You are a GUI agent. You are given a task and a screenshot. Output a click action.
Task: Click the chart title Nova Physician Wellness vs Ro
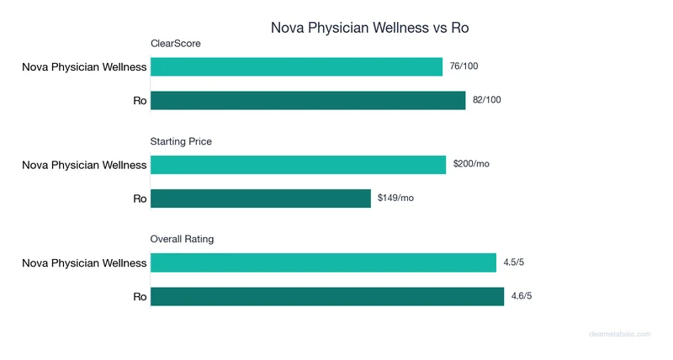click(369, 27)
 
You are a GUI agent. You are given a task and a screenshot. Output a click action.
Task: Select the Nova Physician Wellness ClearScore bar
click(296, 67)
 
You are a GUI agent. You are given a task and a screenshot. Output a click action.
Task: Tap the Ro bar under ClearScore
click(308, 101)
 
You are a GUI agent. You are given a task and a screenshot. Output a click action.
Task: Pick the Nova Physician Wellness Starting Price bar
click(298, 165)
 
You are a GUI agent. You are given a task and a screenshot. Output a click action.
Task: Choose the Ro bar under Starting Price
click(261, 199)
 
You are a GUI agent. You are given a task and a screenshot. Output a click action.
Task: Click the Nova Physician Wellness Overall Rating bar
click(323, 263)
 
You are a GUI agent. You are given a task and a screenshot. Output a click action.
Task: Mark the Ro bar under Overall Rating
click(327, 297)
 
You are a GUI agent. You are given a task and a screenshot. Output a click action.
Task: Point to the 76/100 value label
click(464, 66)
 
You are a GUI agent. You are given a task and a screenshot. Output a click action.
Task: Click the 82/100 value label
click(487, 100)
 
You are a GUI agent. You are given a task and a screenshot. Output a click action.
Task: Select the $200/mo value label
click(470, 164)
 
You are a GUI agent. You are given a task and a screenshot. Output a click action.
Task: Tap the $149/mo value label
click(395, 198)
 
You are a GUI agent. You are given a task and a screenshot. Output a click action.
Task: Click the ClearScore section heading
click(175, 44)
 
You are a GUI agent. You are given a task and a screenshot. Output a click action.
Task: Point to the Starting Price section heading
click(181, 141)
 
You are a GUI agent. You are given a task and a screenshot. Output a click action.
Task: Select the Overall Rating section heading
click(182, 239)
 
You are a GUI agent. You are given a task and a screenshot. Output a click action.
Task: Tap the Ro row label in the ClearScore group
click(140, 101)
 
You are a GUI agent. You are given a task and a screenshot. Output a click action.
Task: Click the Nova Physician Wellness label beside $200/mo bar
click(84, 165)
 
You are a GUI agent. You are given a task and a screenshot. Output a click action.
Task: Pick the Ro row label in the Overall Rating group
click(140, 297)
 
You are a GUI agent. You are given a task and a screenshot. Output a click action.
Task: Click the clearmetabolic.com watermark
click(619, 334)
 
